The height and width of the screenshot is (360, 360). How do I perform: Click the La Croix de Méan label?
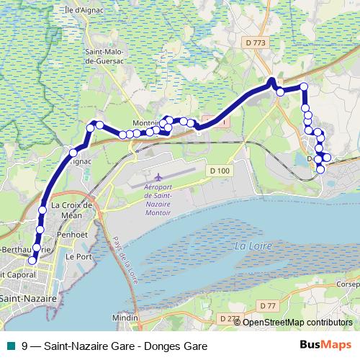tap(73, 210)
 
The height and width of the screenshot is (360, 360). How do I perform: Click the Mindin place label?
tap(125, 317)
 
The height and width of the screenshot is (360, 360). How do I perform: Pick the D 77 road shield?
tap(267, 306)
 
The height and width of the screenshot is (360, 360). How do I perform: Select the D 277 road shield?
tap(229, 319)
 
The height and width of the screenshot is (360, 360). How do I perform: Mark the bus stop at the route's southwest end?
tap(31, 261)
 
